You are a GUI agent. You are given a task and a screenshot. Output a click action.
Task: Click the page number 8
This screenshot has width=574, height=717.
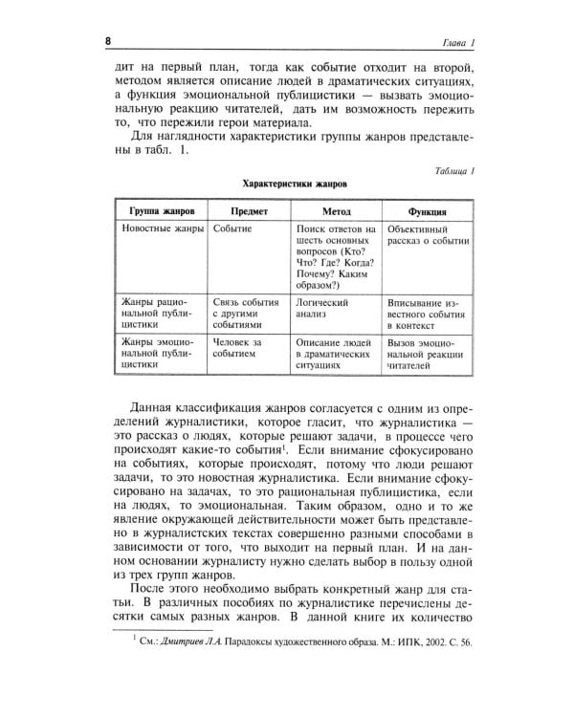108,44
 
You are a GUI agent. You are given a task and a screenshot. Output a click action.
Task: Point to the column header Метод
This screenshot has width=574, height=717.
337,209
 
